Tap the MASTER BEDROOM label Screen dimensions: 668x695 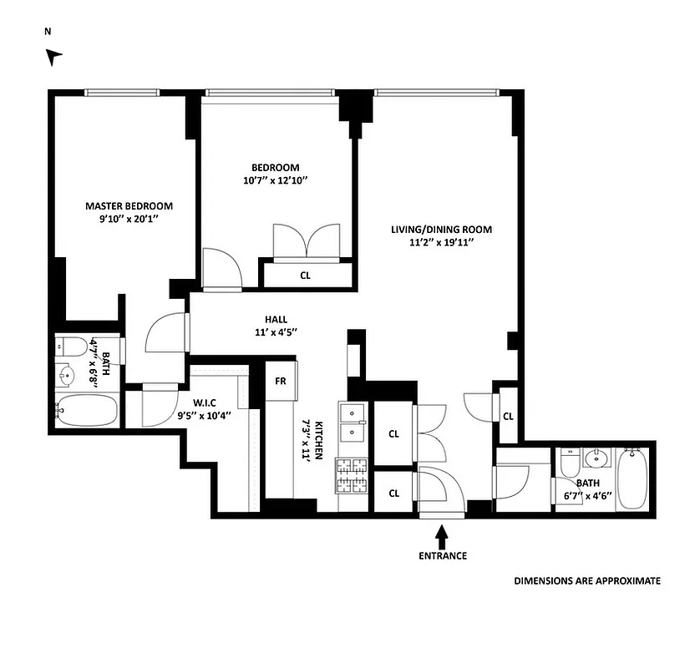tap(129, 206)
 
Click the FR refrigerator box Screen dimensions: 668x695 tap(281, 381)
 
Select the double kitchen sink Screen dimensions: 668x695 tap(352, 421)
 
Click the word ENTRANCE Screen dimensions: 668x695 tap(442, 556)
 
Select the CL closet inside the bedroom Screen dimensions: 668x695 tap(305, 274)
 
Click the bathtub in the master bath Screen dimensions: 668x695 tap(86, 412)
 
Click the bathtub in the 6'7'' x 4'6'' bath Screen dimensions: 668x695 tap(632, 480)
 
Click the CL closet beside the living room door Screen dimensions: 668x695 tap(507, 416)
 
